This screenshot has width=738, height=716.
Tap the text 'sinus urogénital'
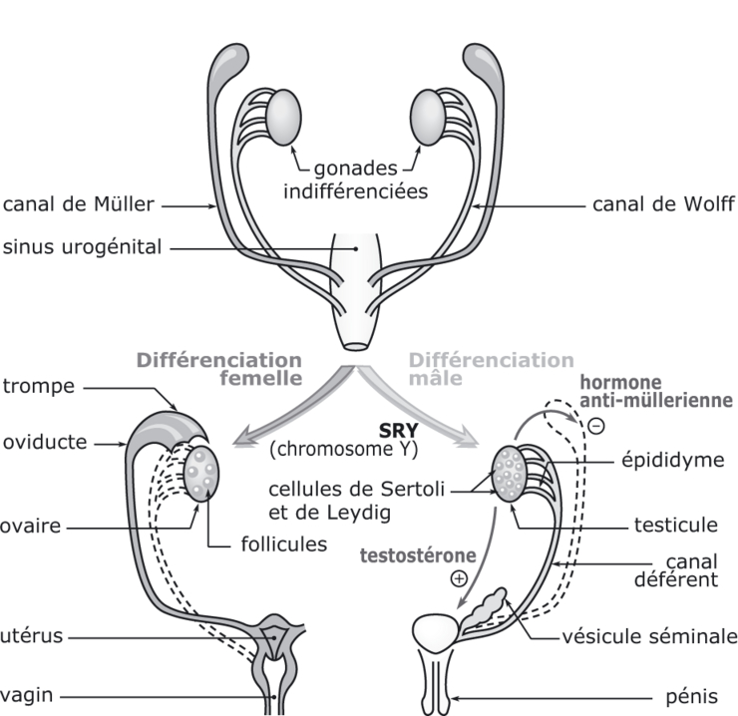82,246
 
